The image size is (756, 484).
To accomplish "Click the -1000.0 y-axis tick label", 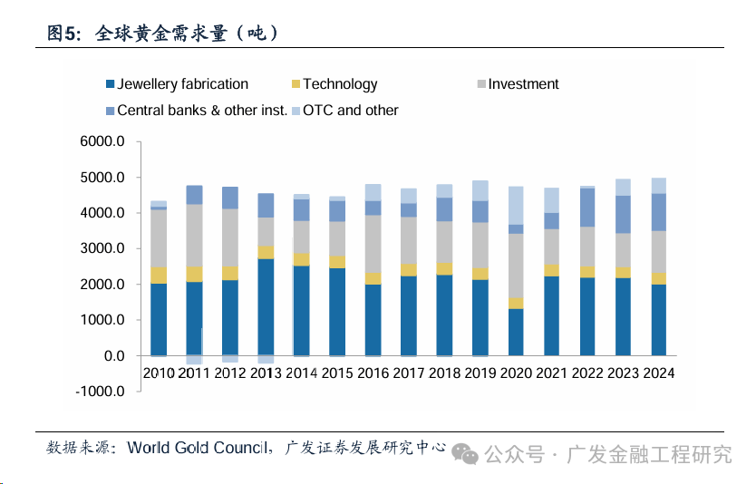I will click(x=101, y=392).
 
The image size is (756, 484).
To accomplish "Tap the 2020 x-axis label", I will click(x=516, y=373).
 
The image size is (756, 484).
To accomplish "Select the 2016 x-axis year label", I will click(x=373, y=373).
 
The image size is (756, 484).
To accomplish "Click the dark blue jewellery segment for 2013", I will click(x=266, y=306).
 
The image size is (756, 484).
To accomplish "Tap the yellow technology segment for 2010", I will click(x=159, y=275).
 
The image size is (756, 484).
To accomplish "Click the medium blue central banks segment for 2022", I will click(x=587, y=207).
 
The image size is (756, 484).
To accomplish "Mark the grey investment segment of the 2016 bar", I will click(x=373, y=243).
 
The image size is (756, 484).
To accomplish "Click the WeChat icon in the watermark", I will click(x=469, y=452).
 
